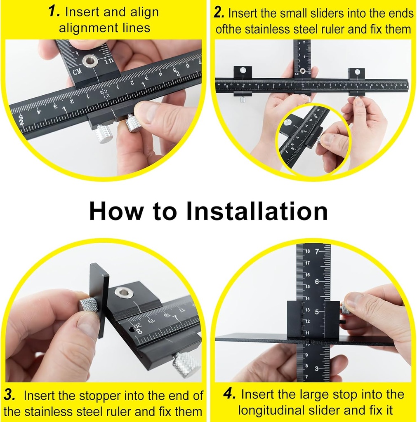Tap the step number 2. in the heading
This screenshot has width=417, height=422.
click(219, 13)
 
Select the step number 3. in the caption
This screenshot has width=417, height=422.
click(10, 395)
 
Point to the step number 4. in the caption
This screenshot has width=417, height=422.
click(229, 394)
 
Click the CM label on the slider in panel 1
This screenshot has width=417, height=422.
click(77, 73)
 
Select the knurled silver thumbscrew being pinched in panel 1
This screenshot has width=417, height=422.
click(133, 123)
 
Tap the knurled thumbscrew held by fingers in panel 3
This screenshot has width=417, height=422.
click(88, 305)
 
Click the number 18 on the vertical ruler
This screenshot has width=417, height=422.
click(307, 251)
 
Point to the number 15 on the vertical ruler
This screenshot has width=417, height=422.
click(307, 286)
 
